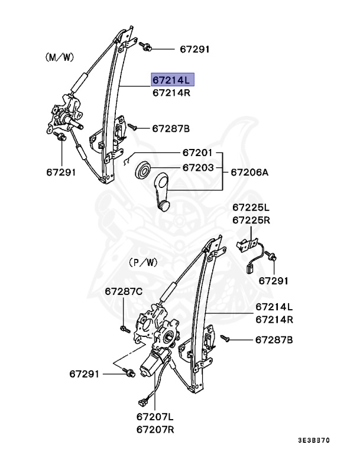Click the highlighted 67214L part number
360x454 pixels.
(x=171, y=80)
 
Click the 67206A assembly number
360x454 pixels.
(x=249, y=172)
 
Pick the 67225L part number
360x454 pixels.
(x=251, y=207)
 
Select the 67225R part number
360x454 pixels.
(x=251, y=220)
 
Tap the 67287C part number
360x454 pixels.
(x=124, y=291)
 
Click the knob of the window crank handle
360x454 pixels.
(x=164, y=205)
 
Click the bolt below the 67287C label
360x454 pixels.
(x=122, y=328)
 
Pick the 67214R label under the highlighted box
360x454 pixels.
(x=171, y=93)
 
